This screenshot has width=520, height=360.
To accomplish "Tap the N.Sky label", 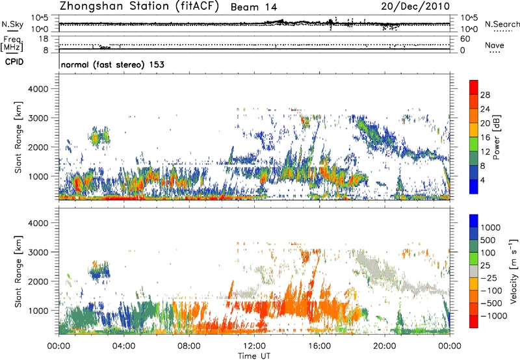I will [10, 24].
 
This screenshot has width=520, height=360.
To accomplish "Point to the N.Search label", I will [499, 24].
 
